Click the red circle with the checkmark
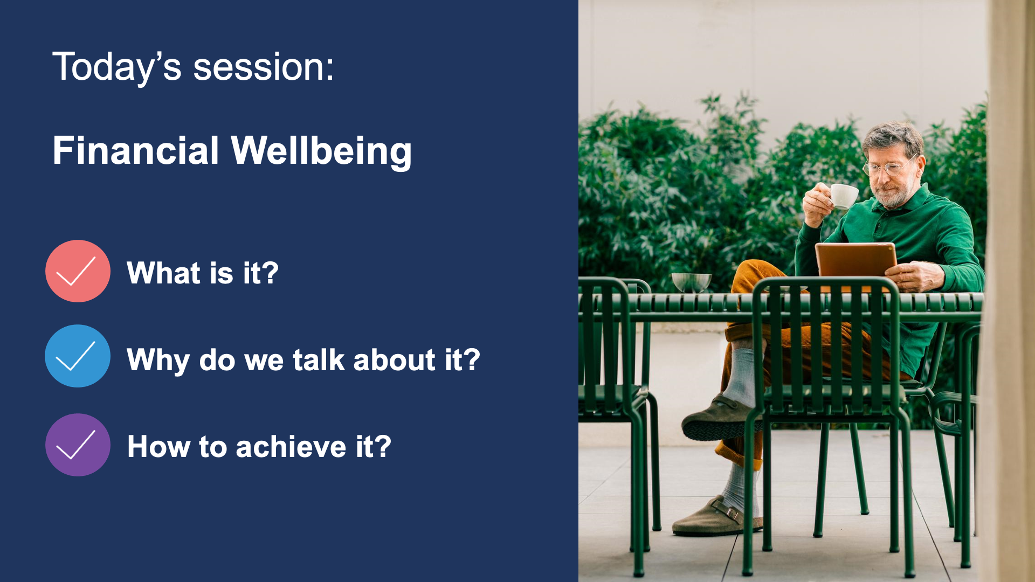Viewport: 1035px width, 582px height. point(78,271)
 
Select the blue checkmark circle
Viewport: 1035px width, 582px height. point(78,356)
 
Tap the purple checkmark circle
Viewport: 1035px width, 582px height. point(78,445)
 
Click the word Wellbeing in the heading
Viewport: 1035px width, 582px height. point(321,151)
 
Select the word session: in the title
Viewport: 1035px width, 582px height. point(264,68)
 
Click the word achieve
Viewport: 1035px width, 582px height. point(291,447)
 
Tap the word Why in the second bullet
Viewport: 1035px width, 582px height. point(158,360)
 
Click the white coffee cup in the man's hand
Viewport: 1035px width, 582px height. point(843,196)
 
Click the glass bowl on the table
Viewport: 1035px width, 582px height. point(691,282)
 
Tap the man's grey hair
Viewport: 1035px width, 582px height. point(892,136)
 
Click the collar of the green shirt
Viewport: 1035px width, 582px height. point(911,202)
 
